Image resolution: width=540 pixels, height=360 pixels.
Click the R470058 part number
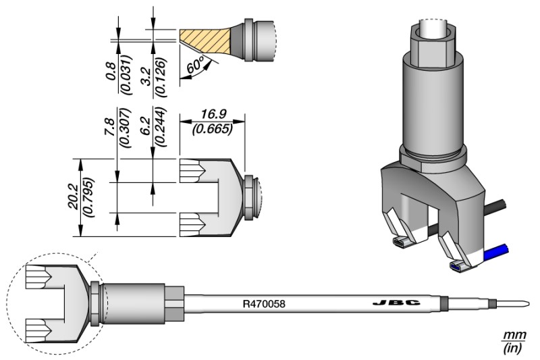pyautogui.click(x=264, y=304)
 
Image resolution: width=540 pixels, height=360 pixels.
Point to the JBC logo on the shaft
pyautogui.click(x=392, y=303)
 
